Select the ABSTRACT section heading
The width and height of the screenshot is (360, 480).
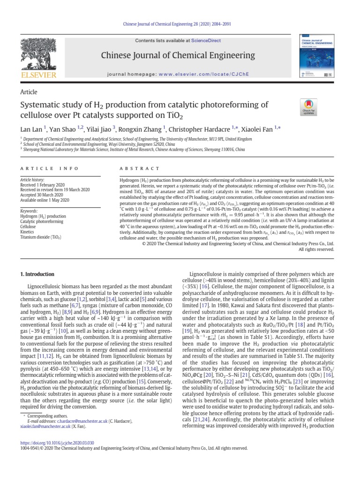click(135, 168)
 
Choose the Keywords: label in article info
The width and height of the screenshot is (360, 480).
click(29, 212)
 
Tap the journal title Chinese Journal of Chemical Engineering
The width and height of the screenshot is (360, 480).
click(178, 55)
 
